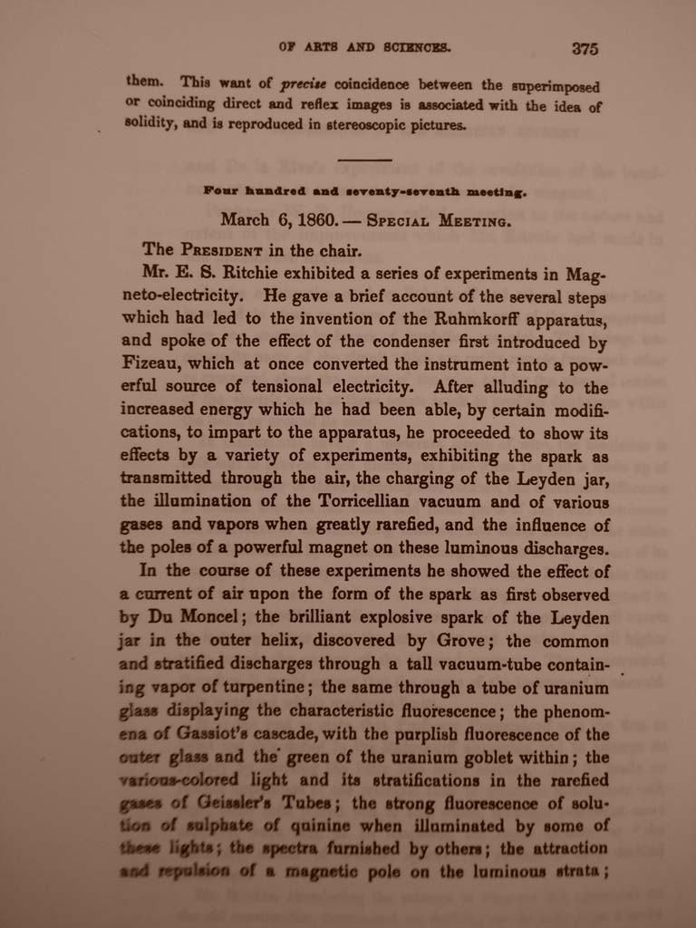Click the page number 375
tap(585, 48)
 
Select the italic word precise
tap(306, 83)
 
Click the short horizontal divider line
tap(364, 160)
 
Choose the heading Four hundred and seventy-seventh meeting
tap(365, 191)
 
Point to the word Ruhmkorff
tap(480, 319)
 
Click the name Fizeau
tap(152, 363)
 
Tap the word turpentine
tap(256, 687)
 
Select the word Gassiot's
tap(207, 734)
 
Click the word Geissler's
tap(238, 802)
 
